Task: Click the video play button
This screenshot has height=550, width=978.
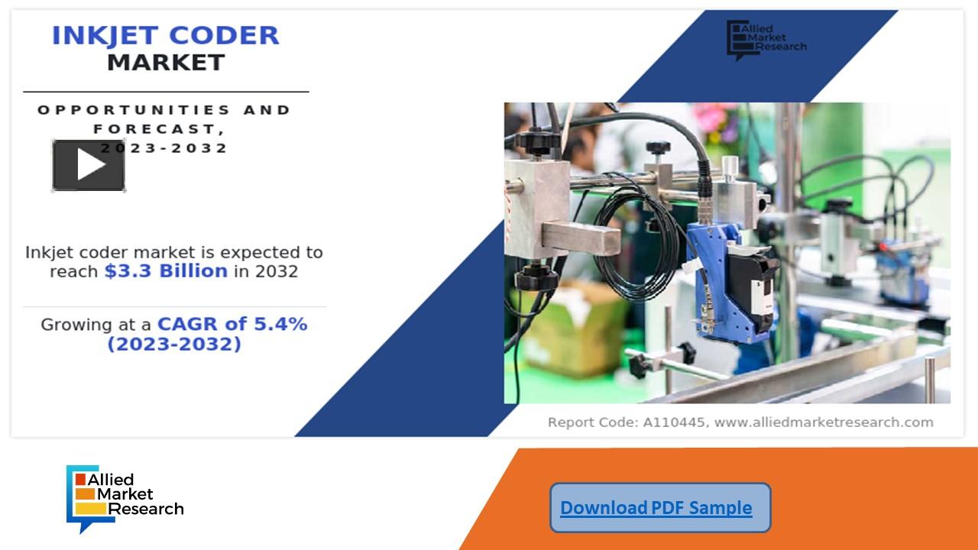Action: pyautogui.click(x=89, y=165)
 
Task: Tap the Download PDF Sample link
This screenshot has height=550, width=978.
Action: pyautogui.click(x=656, y=508)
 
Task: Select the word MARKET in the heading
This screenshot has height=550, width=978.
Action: pyautogui.click(x=166, y=63)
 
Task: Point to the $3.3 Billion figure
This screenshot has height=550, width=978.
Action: pyautogui.click(x=166, y=271)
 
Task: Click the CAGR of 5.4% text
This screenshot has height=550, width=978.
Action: pyautogui.click(x=232, y=324)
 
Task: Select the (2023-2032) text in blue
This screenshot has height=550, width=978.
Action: pyautogui.click(x=174, y=345)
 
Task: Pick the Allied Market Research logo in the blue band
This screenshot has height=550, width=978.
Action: pyautogui.click(x=766, y=39)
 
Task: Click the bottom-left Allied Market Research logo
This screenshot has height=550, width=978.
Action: pyautogui.click(x=125, y=497)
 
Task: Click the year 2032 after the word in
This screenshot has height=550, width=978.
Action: pyautogui.click(x=277, y=271)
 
